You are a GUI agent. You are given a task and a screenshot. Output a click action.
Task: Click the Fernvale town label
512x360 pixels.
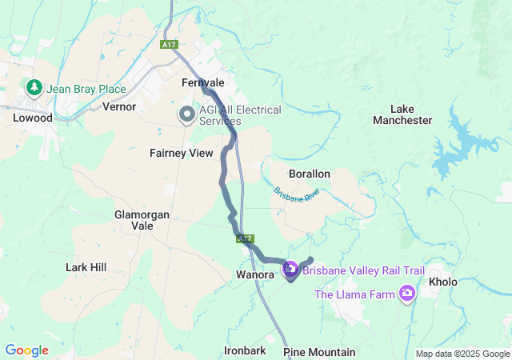(203, 82)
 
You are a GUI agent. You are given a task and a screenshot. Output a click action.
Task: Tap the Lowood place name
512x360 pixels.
(33, 118)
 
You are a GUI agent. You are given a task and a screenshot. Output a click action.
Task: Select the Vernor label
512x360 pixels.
(119, 106)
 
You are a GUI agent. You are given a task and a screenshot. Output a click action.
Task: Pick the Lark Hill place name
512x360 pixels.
(86, 267)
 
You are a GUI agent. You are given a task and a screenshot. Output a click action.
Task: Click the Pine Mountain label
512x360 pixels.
(319, 352)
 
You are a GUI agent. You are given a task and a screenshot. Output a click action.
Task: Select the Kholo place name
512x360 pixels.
(443, 282)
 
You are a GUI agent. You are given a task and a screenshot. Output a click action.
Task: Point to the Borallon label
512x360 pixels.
(310, 174)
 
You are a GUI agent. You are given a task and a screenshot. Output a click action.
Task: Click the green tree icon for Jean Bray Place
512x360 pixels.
(34, 86)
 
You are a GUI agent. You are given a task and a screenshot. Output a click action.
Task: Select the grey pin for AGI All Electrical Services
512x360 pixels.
(186, 114)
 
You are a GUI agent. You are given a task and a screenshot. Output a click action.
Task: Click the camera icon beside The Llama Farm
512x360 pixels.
(409, 294)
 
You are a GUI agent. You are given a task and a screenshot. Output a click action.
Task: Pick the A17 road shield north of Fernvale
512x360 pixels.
(168, 45)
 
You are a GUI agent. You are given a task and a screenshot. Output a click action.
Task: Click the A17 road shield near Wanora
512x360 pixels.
(245, 238)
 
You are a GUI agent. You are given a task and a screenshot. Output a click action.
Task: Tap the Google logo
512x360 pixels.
(26, 350)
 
